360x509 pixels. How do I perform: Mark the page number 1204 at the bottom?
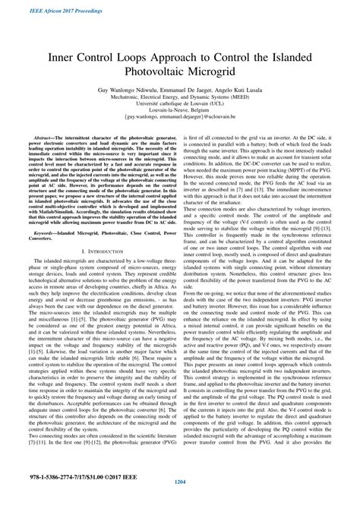coord(180,502)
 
